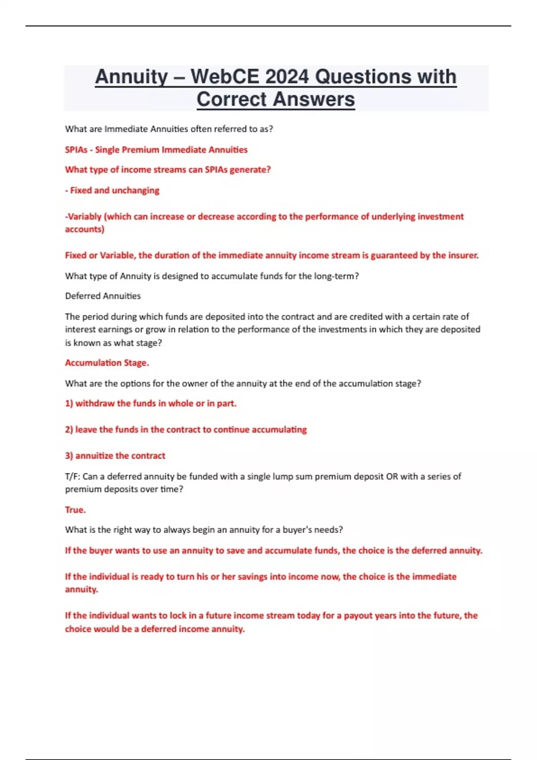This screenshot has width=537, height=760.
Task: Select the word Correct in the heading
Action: (x=232, y=99)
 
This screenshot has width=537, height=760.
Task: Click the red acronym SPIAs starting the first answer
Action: (x=76, y=150)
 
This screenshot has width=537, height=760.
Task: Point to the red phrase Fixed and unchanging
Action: (x=115, y=190)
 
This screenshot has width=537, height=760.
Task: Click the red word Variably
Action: (x=83, y=217)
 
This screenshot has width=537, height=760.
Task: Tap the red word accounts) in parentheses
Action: (x=85, y=229)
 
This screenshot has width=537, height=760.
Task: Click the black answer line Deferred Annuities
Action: (x=103, y=296)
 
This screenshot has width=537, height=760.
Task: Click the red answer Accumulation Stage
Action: (x=107, y=363)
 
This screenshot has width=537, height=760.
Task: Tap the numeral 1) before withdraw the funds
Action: (x=69, y=403)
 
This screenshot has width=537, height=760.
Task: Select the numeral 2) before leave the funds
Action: (x=69, y=430)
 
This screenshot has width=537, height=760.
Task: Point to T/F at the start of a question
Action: (x=72, y=477)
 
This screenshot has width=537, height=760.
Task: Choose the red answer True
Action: (x=75, y=510)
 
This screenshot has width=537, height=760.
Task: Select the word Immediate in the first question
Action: (x=126, y=129)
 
